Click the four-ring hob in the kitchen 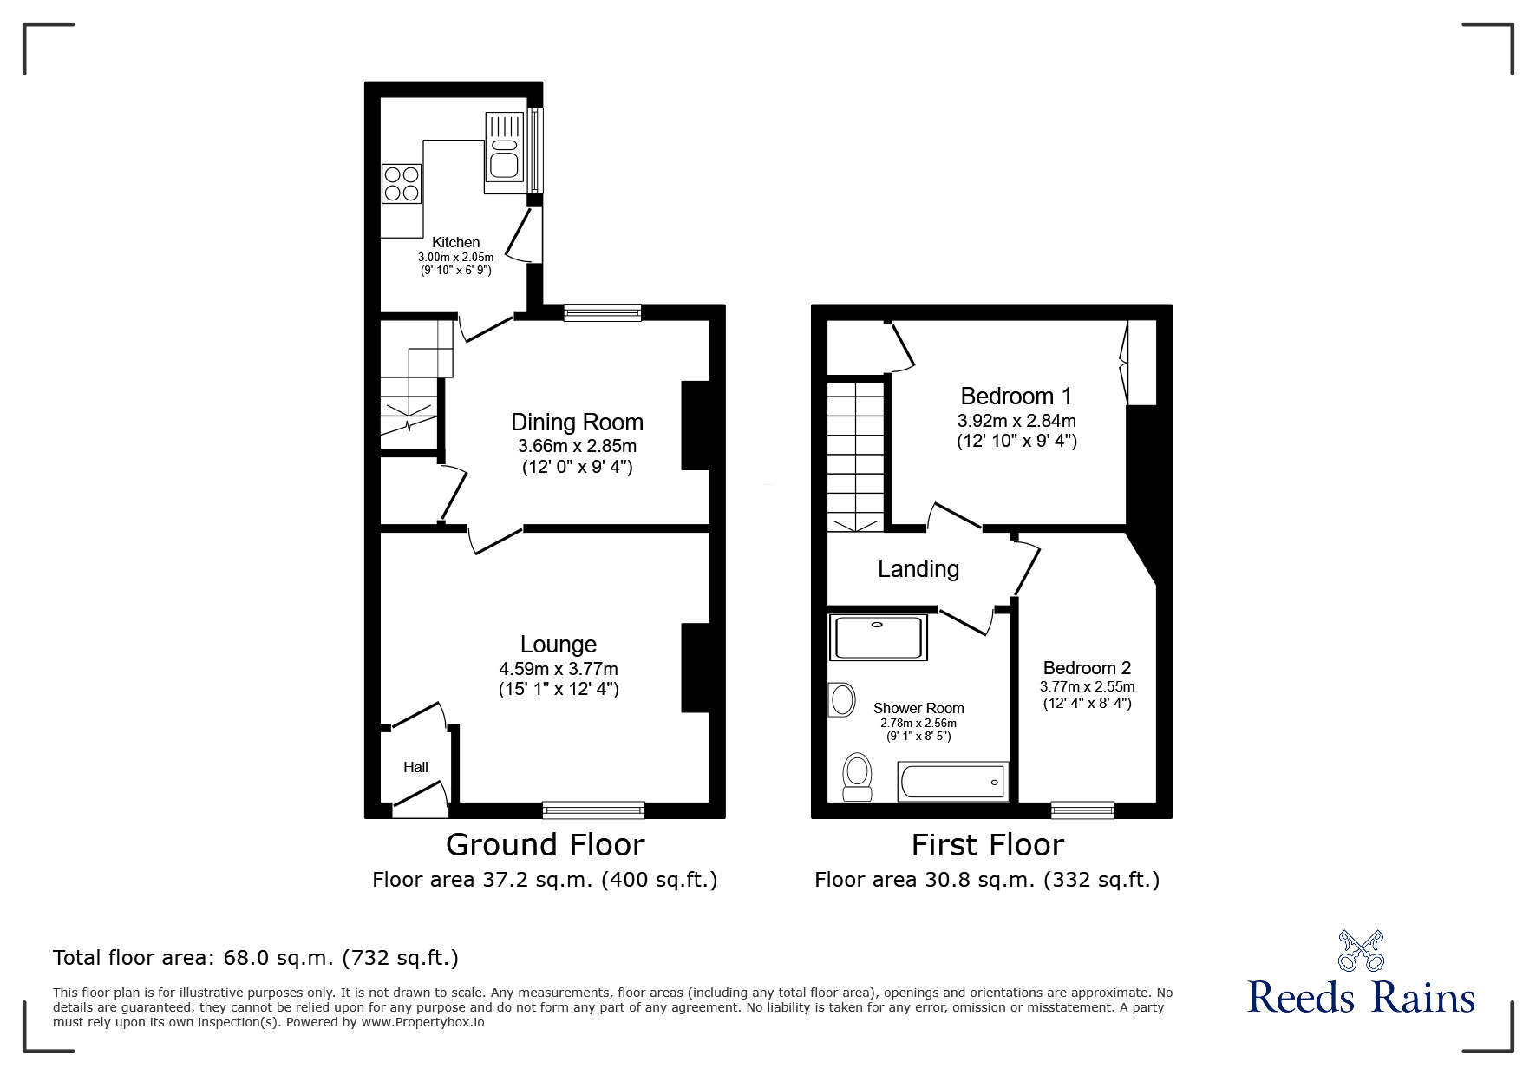click(x=402, y=184)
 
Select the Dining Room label click(x=577, y=423)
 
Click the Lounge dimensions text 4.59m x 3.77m click(x=558, y=669)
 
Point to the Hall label click(x=415, y=767)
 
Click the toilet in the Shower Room click(x=857, y=776)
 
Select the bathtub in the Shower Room click(x=953, y=782)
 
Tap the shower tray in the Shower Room click(x=879, y=638)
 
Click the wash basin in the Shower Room click(x=840, y=699)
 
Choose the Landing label click(x=918, y=569)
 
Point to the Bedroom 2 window click(x=1082, y=810)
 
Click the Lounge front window click(x=593, y=810)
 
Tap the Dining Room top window click(x=602, y=313)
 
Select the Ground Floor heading click(x=545, y=844)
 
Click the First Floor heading click(x=987, y=844)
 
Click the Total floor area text click(x=256, y=958)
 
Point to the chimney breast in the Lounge click(x=696, y=668)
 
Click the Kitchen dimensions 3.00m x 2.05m click(x=455, y=257)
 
